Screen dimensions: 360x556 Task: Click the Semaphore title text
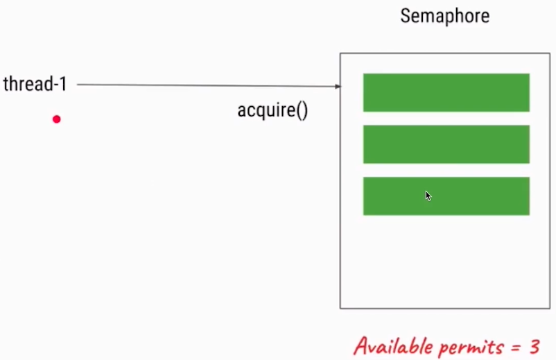pyautogui.click(x=444, y=16)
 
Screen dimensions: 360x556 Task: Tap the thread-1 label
pyautogui.click(x=35, y=85)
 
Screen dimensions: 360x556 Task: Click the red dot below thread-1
pyautogui.click(x=57, y=119)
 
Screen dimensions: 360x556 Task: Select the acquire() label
pyautogui.click(x=272, y=110)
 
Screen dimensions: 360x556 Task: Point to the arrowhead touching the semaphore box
pyautogui.click(x=338, y=87)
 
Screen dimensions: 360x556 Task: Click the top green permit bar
pyautogui.click(x=446, y=92)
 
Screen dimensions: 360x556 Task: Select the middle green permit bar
pyautogui.click(x=446, y=144)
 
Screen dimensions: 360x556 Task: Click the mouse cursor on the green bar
pyautogui.click(x=428, y=196)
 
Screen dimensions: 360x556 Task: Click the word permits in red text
pyautogui.click(x=471, y=346)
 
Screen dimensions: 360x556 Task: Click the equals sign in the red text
pyautogui.click(x=516, y=346)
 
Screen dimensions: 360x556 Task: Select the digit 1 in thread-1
pyautogui.click(x=62, y=85)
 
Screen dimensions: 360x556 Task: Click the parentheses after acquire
pyautogui.click(x=302, y=110)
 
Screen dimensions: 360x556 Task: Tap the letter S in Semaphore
pyautogui.click(x=406, y=16)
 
